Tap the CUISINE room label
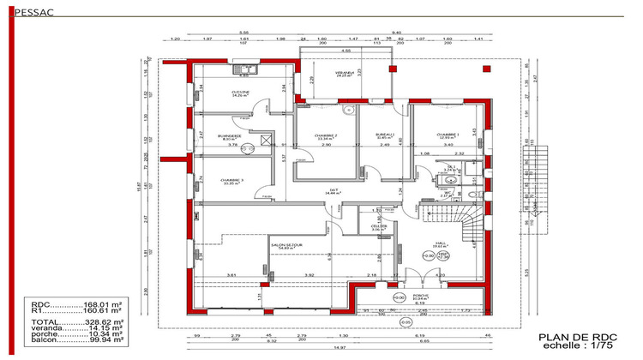240,93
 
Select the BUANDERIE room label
229,136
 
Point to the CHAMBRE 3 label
232,180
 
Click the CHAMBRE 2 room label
326,135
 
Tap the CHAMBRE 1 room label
448,135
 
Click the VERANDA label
345,74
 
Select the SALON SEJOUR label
287,245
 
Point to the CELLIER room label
379,227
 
